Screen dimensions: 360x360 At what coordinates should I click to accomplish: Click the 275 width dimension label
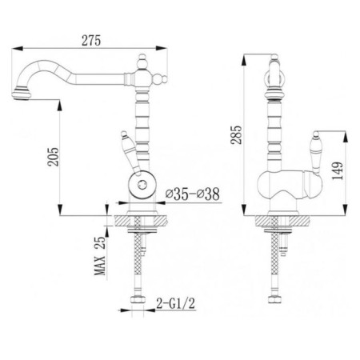(91, 41)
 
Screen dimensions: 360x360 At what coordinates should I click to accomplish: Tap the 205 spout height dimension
(53, 157)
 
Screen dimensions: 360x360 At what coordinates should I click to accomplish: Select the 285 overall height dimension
(236, 134)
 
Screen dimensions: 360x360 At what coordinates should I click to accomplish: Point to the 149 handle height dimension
(338, 170)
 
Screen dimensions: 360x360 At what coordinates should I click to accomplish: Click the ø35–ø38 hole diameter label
(193, 194)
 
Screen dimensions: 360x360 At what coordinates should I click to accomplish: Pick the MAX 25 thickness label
(100, 256)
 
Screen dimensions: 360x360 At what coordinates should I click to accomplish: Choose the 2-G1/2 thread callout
(176, 303)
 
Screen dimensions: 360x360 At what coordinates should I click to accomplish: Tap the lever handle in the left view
(130, 153)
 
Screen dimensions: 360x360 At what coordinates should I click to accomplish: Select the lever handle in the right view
(315, 153)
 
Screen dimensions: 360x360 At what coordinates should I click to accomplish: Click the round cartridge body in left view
(142, 184)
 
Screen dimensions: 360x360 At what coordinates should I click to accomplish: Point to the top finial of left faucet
(143, 60)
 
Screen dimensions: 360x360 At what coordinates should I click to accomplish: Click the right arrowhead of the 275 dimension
(162, 48)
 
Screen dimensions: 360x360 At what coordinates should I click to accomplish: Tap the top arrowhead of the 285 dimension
(244, 60)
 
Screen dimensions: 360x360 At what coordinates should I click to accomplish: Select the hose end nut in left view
(138, 299)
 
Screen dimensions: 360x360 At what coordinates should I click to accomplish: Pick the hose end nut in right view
(274, 299)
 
